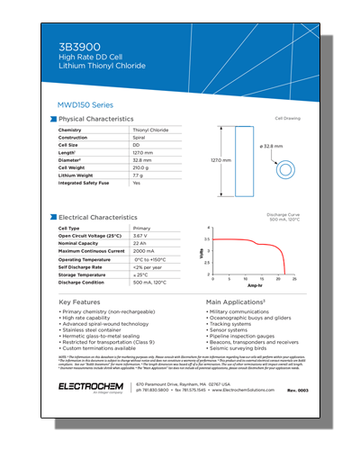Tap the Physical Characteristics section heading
point(96,119)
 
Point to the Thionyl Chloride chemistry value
point(149,130)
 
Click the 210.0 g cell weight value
point(141,167)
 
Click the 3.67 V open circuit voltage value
point(140,236)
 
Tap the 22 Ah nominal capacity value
point(139,243)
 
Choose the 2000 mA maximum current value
point(143,251)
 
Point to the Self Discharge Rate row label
point(80,267)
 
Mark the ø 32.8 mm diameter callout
point(272,145)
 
